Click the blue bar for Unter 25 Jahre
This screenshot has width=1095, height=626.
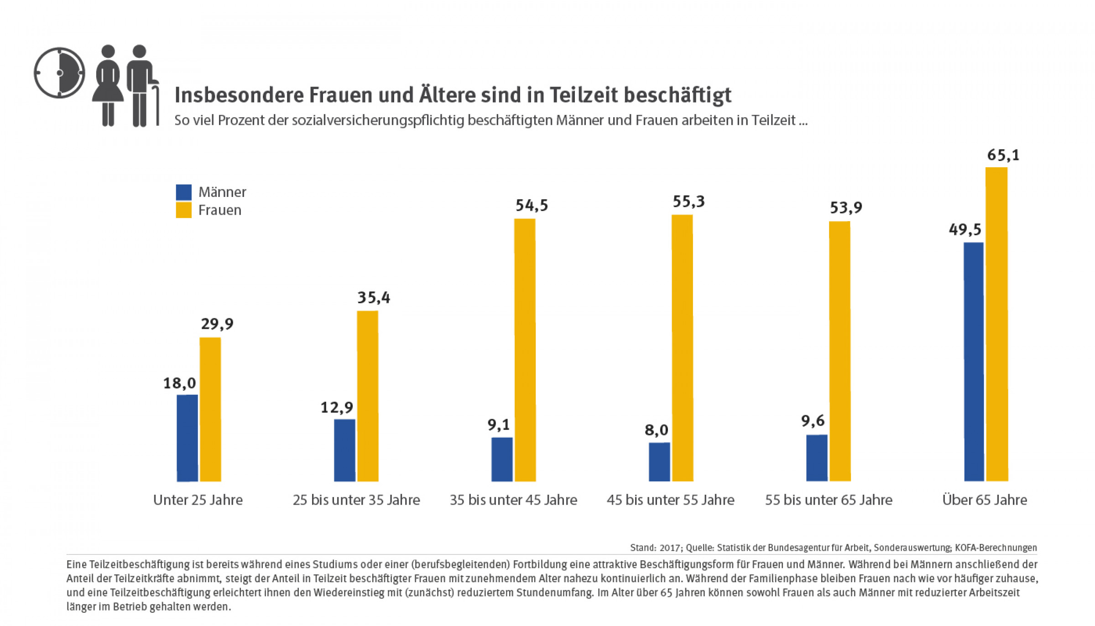pos(187,438)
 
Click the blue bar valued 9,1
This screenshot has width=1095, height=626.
pos(502,459)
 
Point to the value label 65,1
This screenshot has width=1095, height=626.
pos(1003,155)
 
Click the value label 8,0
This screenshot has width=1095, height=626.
pos(656,430)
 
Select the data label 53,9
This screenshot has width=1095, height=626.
pos(845,208)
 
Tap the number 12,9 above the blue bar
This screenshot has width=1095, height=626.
pos(336,407)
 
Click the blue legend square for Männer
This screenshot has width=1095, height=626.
pos(183,192)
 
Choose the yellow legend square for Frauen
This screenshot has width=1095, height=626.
pos(183,210)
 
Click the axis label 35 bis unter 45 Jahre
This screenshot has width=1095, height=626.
pos(513,500)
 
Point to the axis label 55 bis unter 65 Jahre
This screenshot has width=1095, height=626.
pos(829,500)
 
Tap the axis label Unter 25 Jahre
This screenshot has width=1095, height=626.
pos(198,500)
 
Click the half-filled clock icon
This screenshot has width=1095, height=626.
pos(59,73)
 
